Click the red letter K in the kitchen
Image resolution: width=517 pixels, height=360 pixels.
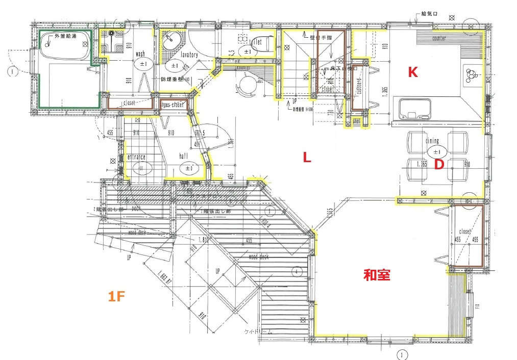[412, 72]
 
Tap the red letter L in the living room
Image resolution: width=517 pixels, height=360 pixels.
[307, 158]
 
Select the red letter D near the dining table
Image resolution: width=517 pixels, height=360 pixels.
[437, 165]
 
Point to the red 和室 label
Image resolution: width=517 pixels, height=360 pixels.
[377, 275]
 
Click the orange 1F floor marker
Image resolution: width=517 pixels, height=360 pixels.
[116, 296]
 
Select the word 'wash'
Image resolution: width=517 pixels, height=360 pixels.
[140, 54]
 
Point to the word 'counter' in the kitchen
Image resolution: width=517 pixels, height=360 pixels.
[439, 39]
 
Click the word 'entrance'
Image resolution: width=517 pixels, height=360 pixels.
[136, 157]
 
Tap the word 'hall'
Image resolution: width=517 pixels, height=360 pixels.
[184, 157]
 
